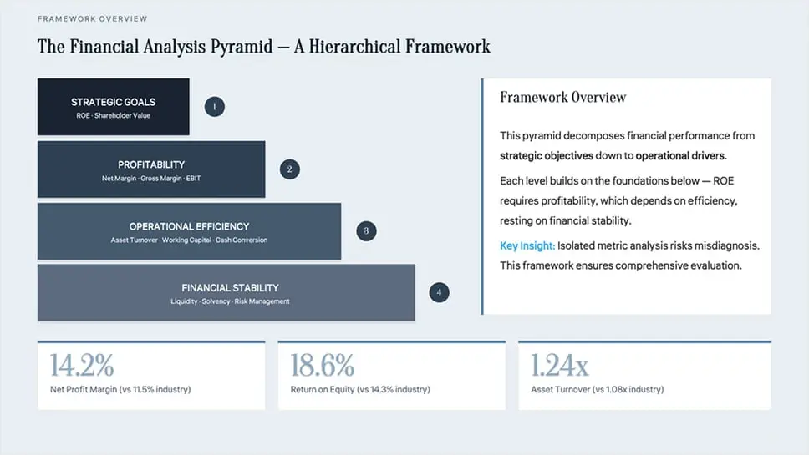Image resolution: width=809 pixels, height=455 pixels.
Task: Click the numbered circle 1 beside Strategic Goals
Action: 215,107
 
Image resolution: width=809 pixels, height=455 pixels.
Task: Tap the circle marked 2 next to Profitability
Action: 290,169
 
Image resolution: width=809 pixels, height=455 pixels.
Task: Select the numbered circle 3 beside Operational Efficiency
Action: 366,231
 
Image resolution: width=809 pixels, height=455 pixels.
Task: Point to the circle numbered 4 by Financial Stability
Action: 439,292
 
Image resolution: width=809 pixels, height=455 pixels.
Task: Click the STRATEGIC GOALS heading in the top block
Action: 113,102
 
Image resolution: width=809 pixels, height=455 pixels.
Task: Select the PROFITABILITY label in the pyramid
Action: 151,164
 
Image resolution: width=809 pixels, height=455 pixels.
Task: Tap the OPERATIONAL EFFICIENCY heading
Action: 190,226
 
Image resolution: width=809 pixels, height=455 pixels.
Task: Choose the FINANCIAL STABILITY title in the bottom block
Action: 230,287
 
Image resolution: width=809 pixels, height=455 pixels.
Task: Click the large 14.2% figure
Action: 82,365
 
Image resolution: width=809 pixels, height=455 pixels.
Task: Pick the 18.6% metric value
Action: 323,365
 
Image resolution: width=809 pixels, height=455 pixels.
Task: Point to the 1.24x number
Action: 560,365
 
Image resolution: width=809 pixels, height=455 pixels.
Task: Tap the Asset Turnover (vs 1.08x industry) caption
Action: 598,390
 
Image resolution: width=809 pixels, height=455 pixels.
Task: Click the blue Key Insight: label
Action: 527,245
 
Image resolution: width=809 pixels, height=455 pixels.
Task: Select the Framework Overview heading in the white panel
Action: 563,97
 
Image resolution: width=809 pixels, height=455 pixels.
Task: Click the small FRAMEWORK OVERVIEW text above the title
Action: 93,19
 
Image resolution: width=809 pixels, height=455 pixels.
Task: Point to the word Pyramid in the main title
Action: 241,47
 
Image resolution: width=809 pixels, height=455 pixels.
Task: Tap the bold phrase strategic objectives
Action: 547,155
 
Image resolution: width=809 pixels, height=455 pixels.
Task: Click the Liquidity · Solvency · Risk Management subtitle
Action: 230,301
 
